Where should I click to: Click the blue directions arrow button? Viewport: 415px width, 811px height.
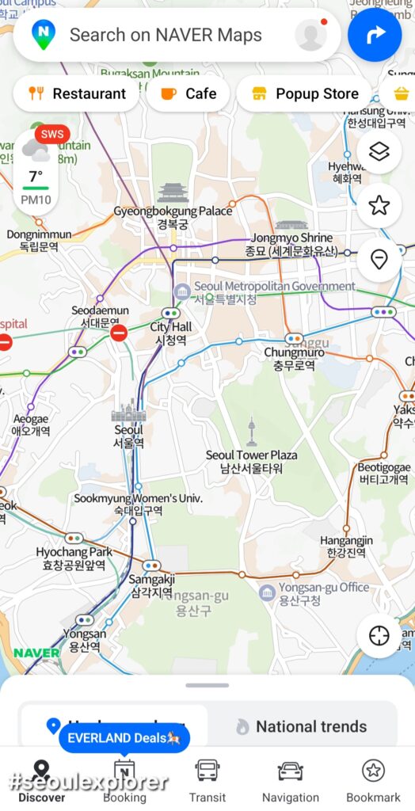375,35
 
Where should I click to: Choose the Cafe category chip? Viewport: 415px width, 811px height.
188,93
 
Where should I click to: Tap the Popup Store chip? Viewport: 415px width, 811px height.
305,93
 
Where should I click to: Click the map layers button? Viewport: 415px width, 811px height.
379,152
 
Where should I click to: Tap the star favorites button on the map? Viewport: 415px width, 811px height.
379,206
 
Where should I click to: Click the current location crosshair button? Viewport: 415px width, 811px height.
379,636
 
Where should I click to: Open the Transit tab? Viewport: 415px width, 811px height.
207,780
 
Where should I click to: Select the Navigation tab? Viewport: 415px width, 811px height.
291,780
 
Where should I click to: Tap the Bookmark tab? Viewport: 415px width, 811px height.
373,780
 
